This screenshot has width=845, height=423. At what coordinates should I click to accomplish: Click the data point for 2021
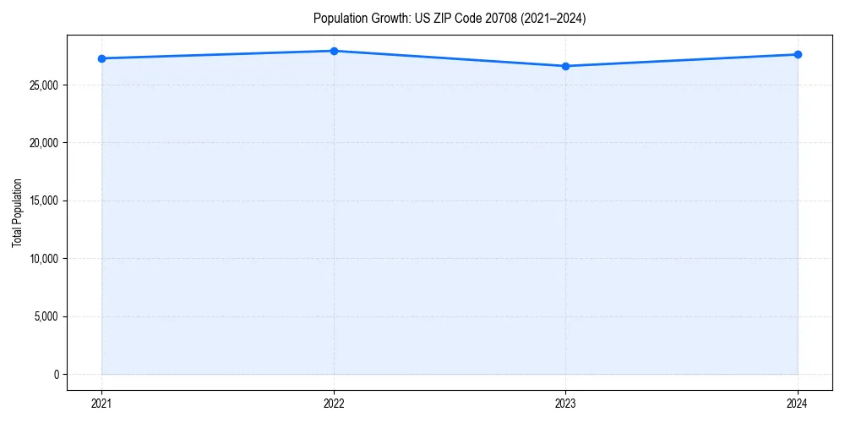pos(101,58)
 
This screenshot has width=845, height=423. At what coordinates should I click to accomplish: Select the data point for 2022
pos(334,51)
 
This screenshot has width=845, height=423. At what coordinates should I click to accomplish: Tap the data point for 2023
pos(565,66)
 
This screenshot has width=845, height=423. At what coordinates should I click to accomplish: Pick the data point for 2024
pos(798,54)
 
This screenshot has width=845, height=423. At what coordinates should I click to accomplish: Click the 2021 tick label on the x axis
pos(101,404)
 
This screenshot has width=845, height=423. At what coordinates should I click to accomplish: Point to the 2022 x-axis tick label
pos(334,404)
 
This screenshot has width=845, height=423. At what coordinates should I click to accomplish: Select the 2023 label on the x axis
pos(565,404)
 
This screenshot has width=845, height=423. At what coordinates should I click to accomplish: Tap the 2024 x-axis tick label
pos(798,404)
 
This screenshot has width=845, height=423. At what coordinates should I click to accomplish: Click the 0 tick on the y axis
pos(55,374)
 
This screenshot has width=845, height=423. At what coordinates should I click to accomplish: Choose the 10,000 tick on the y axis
pos(44,259)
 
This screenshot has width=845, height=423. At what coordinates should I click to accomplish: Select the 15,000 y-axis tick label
pos(44,201)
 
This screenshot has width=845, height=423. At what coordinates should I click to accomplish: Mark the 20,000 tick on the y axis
pos(44,143)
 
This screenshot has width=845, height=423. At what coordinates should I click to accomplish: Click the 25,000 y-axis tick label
pos(44,85)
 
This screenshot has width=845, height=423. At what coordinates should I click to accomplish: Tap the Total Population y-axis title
pos(17,212)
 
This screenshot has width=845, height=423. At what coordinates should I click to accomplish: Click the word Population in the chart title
pos(337,19)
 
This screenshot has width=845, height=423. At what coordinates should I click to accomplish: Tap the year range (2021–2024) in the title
pos(551,19)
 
